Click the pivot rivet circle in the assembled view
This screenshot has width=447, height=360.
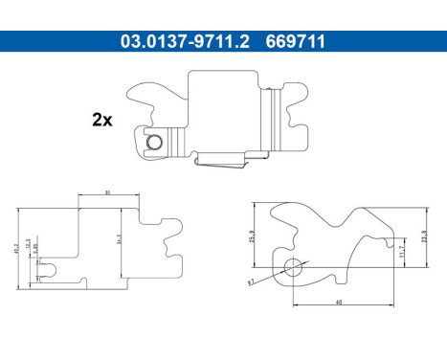[155, 145]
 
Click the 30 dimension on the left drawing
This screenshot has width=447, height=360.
[108, 192]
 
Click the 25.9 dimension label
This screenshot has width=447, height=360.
[252, 235]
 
